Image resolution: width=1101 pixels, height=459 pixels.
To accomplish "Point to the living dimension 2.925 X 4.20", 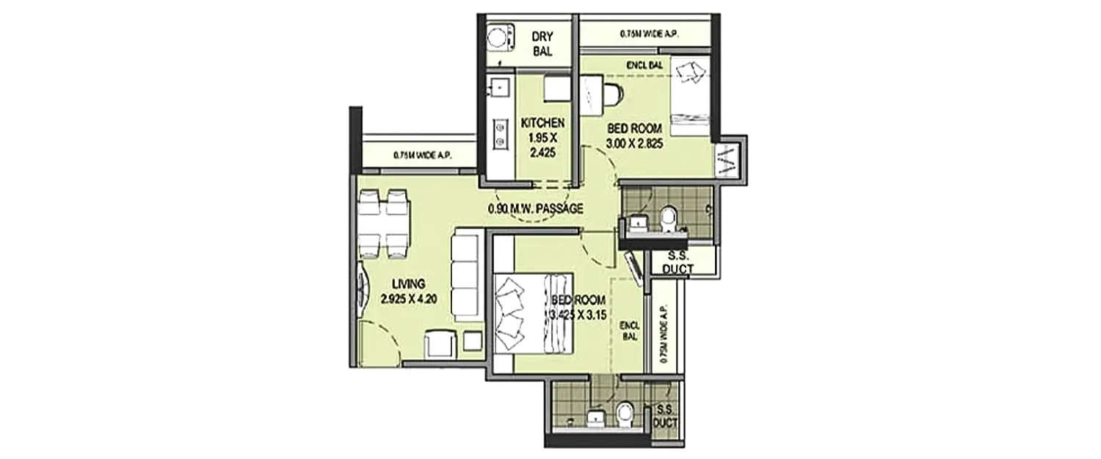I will (x=409, y=298).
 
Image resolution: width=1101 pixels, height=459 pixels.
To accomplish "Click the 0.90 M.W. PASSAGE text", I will (x=535, y=209).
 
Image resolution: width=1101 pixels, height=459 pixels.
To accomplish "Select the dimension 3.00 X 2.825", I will (x=635, y=144).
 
